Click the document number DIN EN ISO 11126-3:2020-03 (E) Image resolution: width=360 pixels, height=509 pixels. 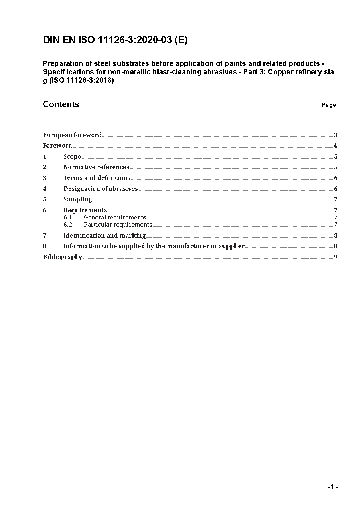115,40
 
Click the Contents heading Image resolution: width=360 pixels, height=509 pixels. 61,104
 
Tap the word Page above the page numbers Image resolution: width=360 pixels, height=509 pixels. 328,105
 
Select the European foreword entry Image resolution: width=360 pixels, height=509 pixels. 72,135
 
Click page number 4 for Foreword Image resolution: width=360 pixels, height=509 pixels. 336,146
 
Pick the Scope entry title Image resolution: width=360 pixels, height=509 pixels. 72,156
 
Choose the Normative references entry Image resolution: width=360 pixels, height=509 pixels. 96,167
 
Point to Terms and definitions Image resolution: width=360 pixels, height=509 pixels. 97,178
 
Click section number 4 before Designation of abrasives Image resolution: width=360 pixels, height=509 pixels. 45,189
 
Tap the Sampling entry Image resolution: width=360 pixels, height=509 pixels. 78,199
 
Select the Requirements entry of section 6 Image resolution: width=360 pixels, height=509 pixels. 85,210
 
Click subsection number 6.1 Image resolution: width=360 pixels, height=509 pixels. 68,217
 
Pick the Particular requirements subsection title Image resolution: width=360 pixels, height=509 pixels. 118,225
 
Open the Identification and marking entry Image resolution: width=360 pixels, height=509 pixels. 105,235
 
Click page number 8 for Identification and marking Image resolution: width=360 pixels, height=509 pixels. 336,235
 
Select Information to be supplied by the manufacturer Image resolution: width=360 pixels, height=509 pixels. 154,246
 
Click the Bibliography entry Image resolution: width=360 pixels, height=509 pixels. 62,257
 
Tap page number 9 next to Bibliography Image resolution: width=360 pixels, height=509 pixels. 336,257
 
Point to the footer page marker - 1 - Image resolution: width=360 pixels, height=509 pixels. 332,487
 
